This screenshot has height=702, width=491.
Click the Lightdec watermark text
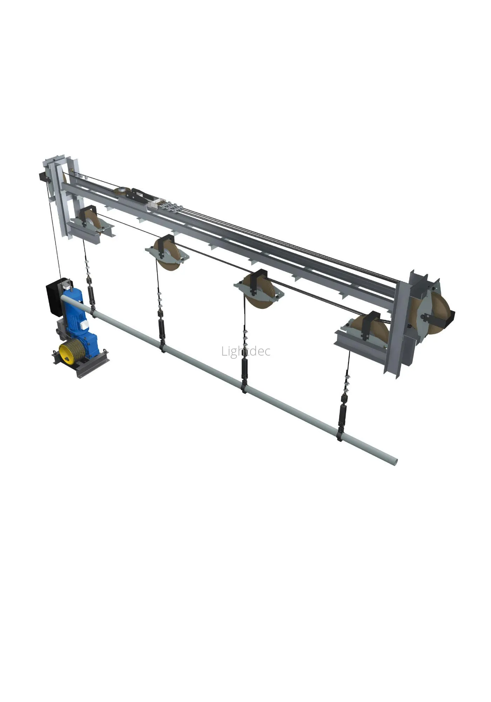[x=246, y=351]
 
